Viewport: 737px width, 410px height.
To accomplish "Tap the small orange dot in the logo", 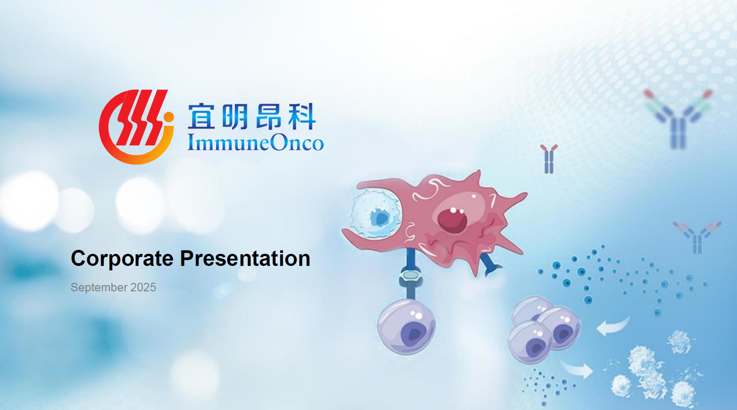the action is coord(168,117).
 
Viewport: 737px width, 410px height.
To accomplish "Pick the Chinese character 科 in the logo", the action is coord(302,116).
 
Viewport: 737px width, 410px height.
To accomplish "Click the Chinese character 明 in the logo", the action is coord(234,116).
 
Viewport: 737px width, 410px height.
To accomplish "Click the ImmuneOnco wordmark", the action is coord(256,143).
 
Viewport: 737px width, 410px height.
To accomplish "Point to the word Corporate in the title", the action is coord(122,259).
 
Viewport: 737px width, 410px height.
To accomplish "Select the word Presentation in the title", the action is coord(245,258).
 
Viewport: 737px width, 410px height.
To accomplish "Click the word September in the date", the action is coord(99,288).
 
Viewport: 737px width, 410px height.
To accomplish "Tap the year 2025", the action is coord(143,287).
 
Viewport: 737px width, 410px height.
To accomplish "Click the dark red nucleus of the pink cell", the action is coord(452,220).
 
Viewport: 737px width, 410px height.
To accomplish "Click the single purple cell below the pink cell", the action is coord(407,327).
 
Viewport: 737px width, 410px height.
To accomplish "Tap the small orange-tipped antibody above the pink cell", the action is coord(549,159).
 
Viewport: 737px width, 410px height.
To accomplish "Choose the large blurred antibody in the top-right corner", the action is coord(678,119).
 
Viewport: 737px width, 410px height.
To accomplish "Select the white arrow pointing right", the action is coord(577,369).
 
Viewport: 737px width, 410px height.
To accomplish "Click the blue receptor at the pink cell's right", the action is coord(490,264).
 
